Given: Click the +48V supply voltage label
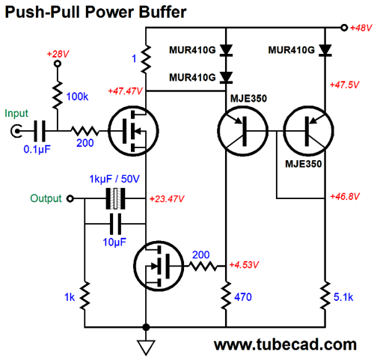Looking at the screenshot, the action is click(x=361, y=28).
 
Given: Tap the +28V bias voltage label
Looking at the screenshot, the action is click(x=58, y=54).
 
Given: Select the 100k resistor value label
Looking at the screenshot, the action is click(x=77, y=97).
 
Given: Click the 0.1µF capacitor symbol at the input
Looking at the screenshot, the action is click(x=40, y=131).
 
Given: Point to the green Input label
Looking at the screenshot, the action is click(x=16, y=114).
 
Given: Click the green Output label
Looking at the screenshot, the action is click(x=46, y=198).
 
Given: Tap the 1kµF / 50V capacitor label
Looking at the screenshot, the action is click(x=114, y=179).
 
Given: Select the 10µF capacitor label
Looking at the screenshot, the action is click(x=114, y=242).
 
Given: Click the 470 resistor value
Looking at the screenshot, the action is click(x=243, y=297).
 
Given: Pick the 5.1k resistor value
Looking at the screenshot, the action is click(x=343, y=297).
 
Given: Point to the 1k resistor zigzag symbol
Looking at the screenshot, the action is click(x=85, y=296).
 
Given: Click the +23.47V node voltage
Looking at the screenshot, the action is click(x=167, y=199).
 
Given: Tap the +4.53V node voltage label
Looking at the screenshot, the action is click(x=244, y=264).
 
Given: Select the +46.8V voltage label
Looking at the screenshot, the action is click(x=345, y=196).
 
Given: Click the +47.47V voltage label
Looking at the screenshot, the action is click(x=125, y=91).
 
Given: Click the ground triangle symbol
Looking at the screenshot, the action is click(x=146, y=347).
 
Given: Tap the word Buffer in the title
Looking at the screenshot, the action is click(x=162, y=12).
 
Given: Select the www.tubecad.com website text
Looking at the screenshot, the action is click(x=285, y=345).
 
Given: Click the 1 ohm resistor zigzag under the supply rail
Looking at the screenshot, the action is click(x=146, y=59).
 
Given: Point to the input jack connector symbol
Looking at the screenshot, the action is click(x=16, y=131).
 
